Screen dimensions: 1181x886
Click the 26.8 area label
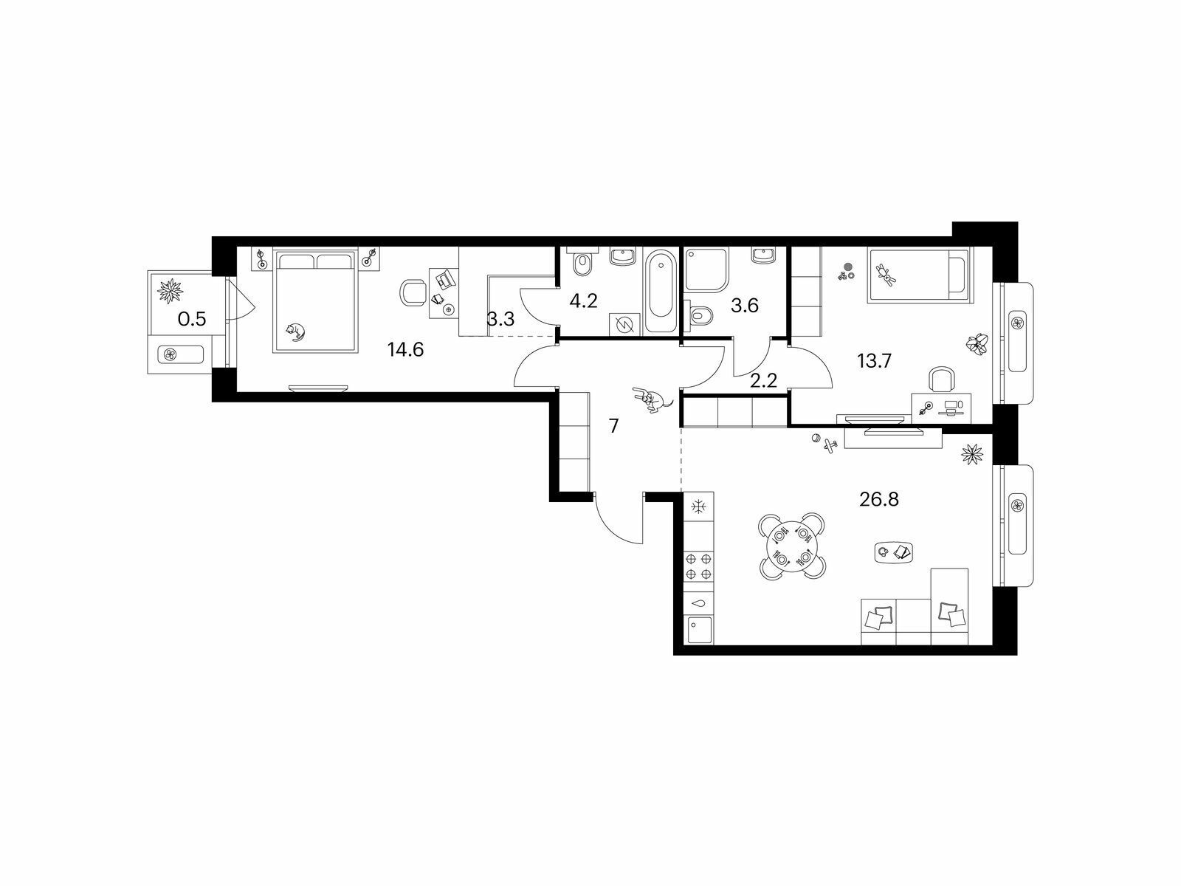[x=878, y=500]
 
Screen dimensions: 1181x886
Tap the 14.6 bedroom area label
[x=405, y=350]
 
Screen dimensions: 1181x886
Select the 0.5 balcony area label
[x=192, y=319]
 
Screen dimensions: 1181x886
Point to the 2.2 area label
[x=763, y=381]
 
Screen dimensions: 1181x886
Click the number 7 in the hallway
[x=613, y=426]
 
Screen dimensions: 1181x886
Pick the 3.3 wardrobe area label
[x=500, y=319]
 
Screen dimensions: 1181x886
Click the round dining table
[x=791, y=546]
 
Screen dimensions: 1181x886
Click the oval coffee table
[x=894, y=552]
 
